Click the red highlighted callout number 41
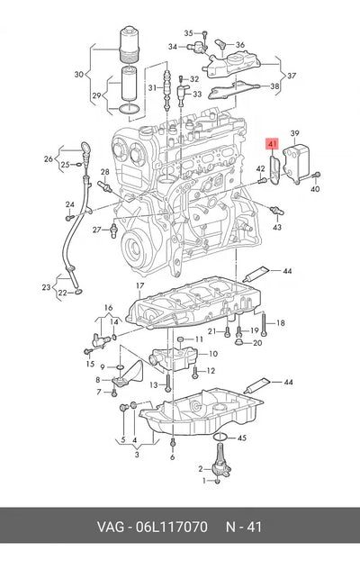coord(272,144)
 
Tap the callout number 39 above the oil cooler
coord(294,133)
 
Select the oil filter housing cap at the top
coord(130,44)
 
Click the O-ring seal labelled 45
coord(220,438)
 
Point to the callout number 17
coord(140,286)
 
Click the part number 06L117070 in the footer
coord(172,527)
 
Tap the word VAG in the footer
coord(111,527)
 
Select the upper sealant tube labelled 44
coord(256,274)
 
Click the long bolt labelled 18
coord(264,323)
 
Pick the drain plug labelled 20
coord(238,342)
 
